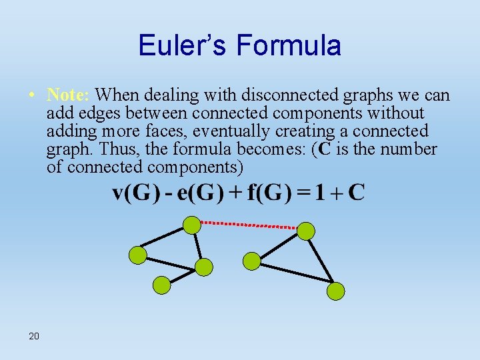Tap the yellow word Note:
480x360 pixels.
(x=70, y=95)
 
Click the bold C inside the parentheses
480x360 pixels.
(x=325, y=149)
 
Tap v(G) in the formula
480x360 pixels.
(x=136, y=193)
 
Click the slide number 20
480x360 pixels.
(x=34, y=335)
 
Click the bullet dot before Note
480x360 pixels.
(x=31, y=95)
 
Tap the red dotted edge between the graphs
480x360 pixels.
(x=249, y=225)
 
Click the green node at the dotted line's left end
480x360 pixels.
(x=192, y=225)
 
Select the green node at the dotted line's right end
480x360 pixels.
(x=305, y=231)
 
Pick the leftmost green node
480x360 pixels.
(x=137, y=254)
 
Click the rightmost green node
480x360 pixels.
(x=336, y=291)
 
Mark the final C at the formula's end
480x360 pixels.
(x=357, y=193)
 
